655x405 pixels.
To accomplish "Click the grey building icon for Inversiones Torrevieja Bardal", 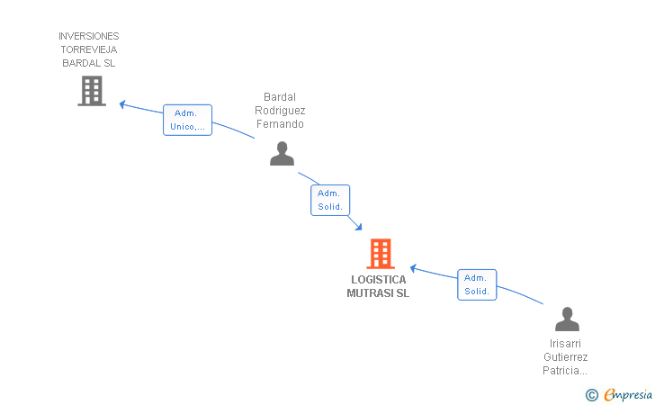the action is pyautogui.click(x=92, y=91).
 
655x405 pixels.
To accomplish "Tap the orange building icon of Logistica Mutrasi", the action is pyautogui.click(x=381, y=253).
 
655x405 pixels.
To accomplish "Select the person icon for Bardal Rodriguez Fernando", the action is pyautogui.click(x=282, y=153).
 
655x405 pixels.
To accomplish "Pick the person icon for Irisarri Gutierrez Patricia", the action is pyautogui.click(x=567, y=319).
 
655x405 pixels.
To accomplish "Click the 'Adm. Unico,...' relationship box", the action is pyautogui.click(x=187, y=120).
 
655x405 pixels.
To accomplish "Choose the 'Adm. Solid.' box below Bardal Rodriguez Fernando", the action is pyautogui.click(x=330, y=200).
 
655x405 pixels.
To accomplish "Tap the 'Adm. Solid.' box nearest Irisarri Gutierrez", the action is pyautogui.click(x=477, y=284).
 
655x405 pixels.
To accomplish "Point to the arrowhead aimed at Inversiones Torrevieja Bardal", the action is pyautogui.click(x=122, y=104).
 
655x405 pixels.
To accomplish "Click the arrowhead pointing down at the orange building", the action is pyautogui.click(x=358, y=227).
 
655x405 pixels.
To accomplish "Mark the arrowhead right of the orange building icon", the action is pyautogui.click(x=413, y=268).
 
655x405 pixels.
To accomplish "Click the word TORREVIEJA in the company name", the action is pyautogui.click(x=89, y=49).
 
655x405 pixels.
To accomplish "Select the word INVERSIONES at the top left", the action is pyautogui.click(x=88, y=36).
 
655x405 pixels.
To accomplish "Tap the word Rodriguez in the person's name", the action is pyautogui.click(x=280, y=111).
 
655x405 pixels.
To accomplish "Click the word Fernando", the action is pyautogui.click(x=280, y=124).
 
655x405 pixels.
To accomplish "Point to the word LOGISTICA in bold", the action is pyautogui.click(x=379, y=280).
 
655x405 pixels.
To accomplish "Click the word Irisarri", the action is pyautogui.click(x=565, y=344).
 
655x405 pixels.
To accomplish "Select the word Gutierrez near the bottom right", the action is pyautogui.click(x=566, y=357).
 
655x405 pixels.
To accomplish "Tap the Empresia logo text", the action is pyautogui.click(x=627, y=395).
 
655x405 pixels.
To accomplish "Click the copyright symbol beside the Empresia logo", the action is pyautogui.click(x=592, y=395).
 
